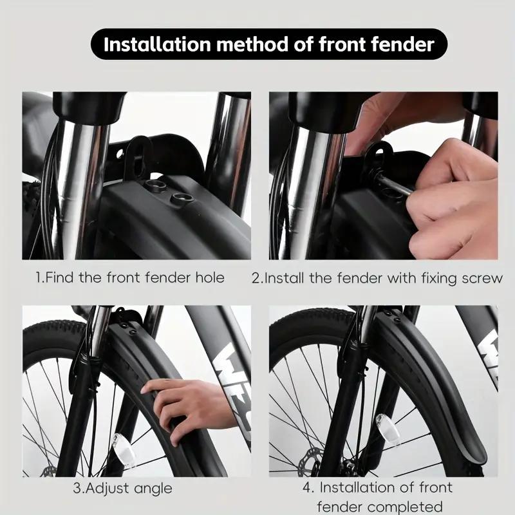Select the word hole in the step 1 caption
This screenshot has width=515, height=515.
(x=209, y=278)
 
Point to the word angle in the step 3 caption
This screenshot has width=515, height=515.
(x=151, y=488)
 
